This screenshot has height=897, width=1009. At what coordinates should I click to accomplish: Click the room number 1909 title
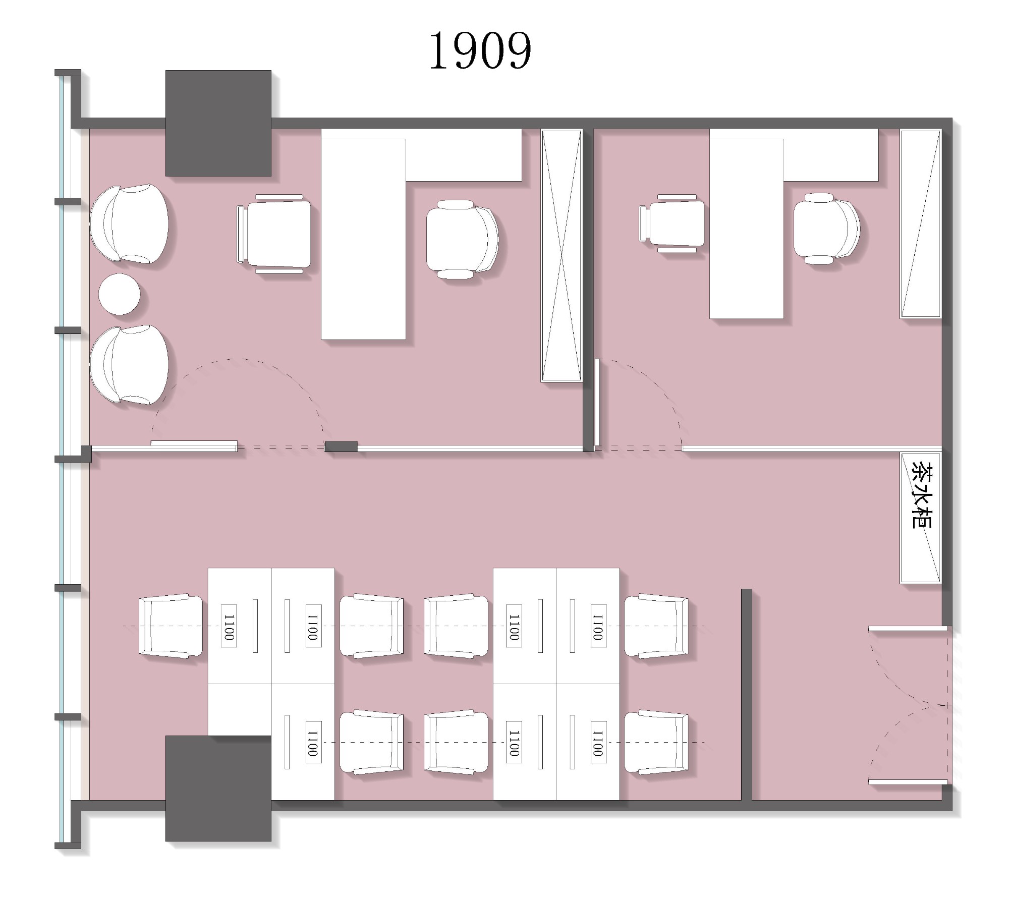(480, 50)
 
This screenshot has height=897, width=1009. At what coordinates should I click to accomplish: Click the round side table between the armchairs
(119, 294)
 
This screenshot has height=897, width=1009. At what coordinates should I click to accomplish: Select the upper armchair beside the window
(129, 223)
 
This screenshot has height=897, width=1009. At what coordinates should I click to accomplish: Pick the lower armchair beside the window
(129, 364)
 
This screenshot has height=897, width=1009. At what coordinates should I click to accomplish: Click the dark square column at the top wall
(218, 123)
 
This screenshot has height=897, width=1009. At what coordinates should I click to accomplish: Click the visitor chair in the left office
(274, 234)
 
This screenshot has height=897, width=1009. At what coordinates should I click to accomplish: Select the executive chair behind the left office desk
(462, 240)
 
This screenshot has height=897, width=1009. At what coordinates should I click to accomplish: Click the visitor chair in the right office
(672, 223)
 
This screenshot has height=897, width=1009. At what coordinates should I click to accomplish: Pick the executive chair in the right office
(826, 229)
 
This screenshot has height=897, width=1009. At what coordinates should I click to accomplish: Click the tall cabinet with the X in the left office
(562, 255)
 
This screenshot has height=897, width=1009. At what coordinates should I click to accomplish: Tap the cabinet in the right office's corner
(921, 223)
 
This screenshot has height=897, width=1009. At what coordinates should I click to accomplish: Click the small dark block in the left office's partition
(341, 446)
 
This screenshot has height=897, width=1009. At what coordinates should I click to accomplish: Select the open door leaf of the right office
(597, 403)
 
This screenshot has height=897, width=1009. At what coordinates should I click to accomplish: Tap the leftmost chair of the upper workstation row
(171, 626)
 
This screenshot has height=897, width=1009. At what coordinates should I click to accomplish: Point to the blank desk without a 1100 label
(240, 710)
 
